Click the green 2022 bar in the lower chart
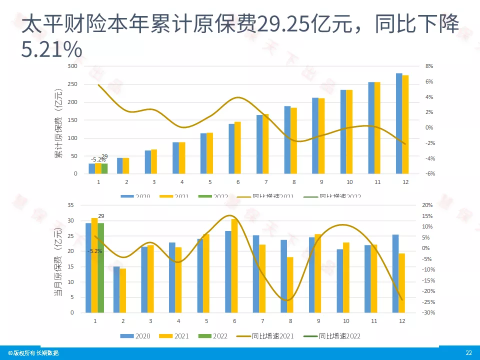[x=100, y=267]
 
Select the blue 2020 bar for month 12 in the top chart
[x=399, y=123]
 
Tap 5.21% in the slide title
[x=51, y=49]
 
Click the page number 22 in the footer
[x=468, y=353]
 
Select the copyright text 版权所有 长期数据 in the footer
[x=33, y=353]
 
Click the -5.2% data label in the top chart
[x=97, y=159]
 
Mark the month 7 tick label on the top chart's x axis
[x=266, y=182]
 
